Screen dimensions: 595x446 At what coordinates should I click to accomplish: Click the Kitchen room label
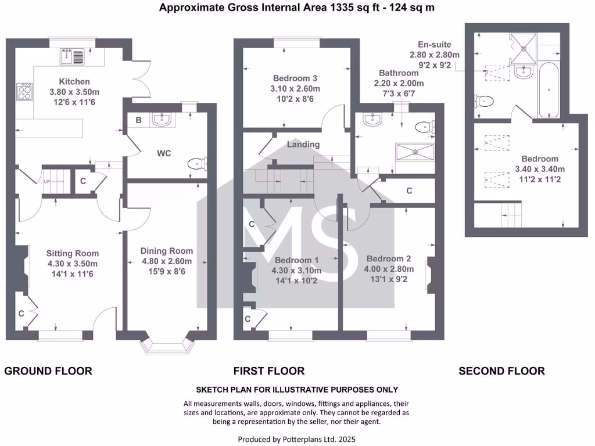(x=74, y=81)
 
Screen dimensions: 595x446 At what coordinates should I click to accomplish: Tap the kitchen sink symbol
(x=73, y=56)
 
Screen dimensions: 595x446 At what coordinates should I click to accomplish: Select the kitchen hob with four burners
(x=24, y=91)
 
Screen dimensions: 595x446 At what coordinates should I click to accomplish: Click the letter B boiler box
(x=138, y=120)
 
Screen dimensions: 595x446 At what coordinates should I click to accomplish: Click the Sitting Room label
(x=73, y=253)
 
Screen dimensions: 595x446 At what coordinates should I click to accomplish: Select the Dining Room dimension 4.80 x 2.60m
(x=167, y=261)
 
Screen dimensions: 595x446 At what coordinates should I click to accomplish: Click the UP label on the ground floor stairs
(x=46, y=182)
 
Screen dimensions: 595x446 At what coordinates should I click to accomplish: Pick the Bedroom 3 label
(x=295, y=78)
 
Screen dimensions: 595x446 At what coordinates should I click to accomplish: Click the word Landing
(x=303, y=145)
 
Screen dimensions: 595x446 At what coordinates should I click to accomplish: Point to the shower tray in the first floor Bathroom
(x=415, y=152)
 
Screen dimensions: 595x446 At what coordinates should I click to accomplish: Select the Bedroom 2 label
(x=389, y=258)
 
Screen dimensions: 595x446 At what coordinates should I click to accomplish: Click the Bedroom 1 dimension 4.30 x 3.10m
(x=296, y=271)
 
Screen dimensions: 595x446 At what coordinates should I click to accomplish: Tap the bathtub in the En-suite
(x=549, y=90)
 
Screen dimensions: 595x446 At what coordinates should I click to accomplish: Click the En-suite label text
(x=435, y=44)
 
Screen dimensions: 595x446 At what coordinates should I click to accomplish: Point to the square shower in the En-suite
(x=524, y=48)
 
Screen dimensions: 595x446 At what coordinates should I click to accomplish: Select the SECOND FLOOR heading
(x=501, y=371)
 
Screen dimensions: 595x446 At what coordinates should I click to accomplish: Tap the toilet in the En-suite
(x=484, y=102)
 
